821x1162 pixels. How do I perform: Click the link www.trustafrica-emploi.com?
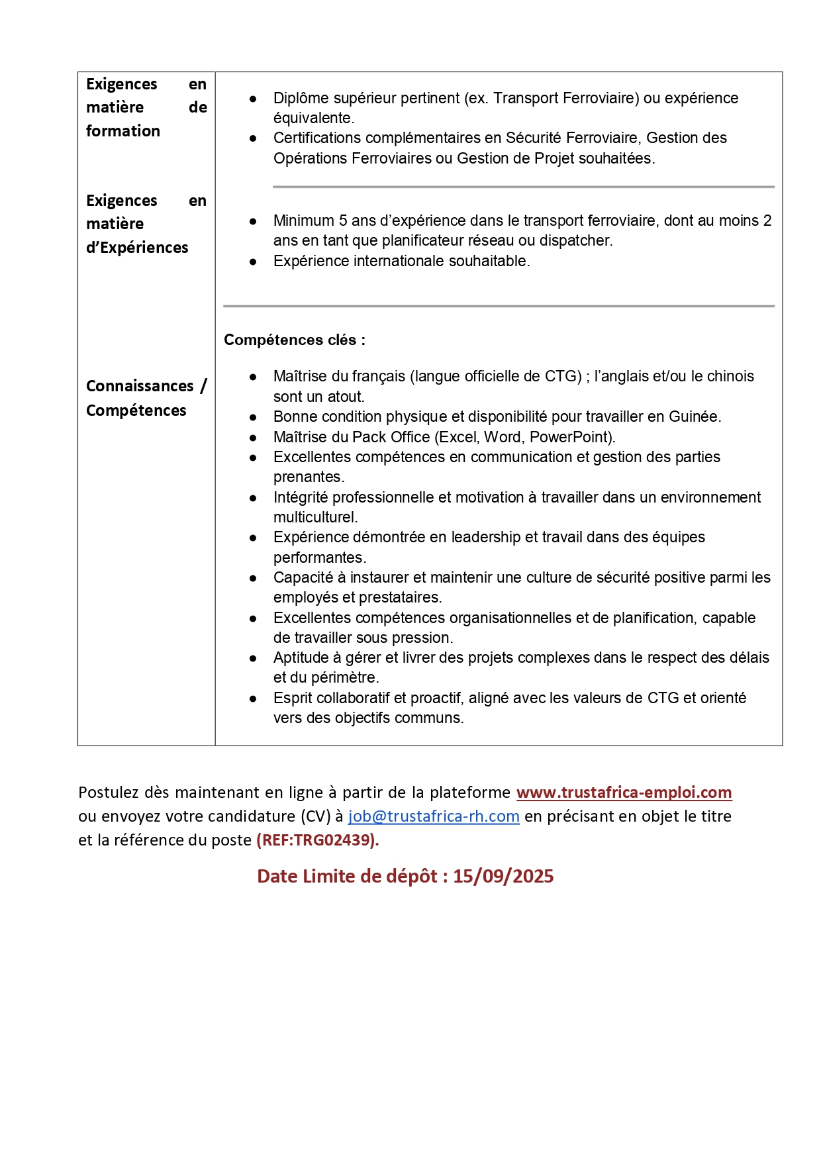click(x=624, y=793)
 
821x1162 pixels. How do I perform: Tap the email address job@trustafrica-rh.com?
click(x=434, y=816)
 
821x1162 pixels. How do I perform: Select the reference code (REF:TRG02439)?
click(x=317, y=840)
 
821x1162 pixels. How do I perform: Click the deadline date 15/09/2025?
click(x=503, y=877)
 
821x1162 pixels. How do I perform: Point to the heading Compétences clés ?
click(x=295, y=340)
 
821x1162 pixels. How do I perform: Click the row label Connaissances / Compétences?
click(x=146, y=398)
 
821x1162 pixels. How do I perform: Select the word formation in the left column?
click(x=123, y=131)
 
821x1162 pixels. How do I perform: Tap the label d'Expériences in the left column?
click(x=137, y=248)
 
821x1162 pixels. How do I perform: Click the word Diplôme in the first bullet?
click(x=301, y=98)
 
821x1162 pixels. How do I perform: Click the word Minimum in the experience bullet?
click(x=304, y=220)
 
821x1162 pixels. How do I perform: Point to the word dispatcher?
click(x=579, y=240)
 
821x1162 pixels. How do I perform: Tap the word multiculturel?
click(x=315, y=517)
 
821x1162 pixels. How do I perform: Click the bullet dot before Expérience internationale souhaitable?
click(x=253, y=262)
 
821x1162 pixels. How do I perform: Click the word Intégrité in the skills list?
click(x=301, y=497)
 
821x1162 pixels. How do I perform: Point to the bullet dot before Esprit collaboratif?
click(x=253, y=699)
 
